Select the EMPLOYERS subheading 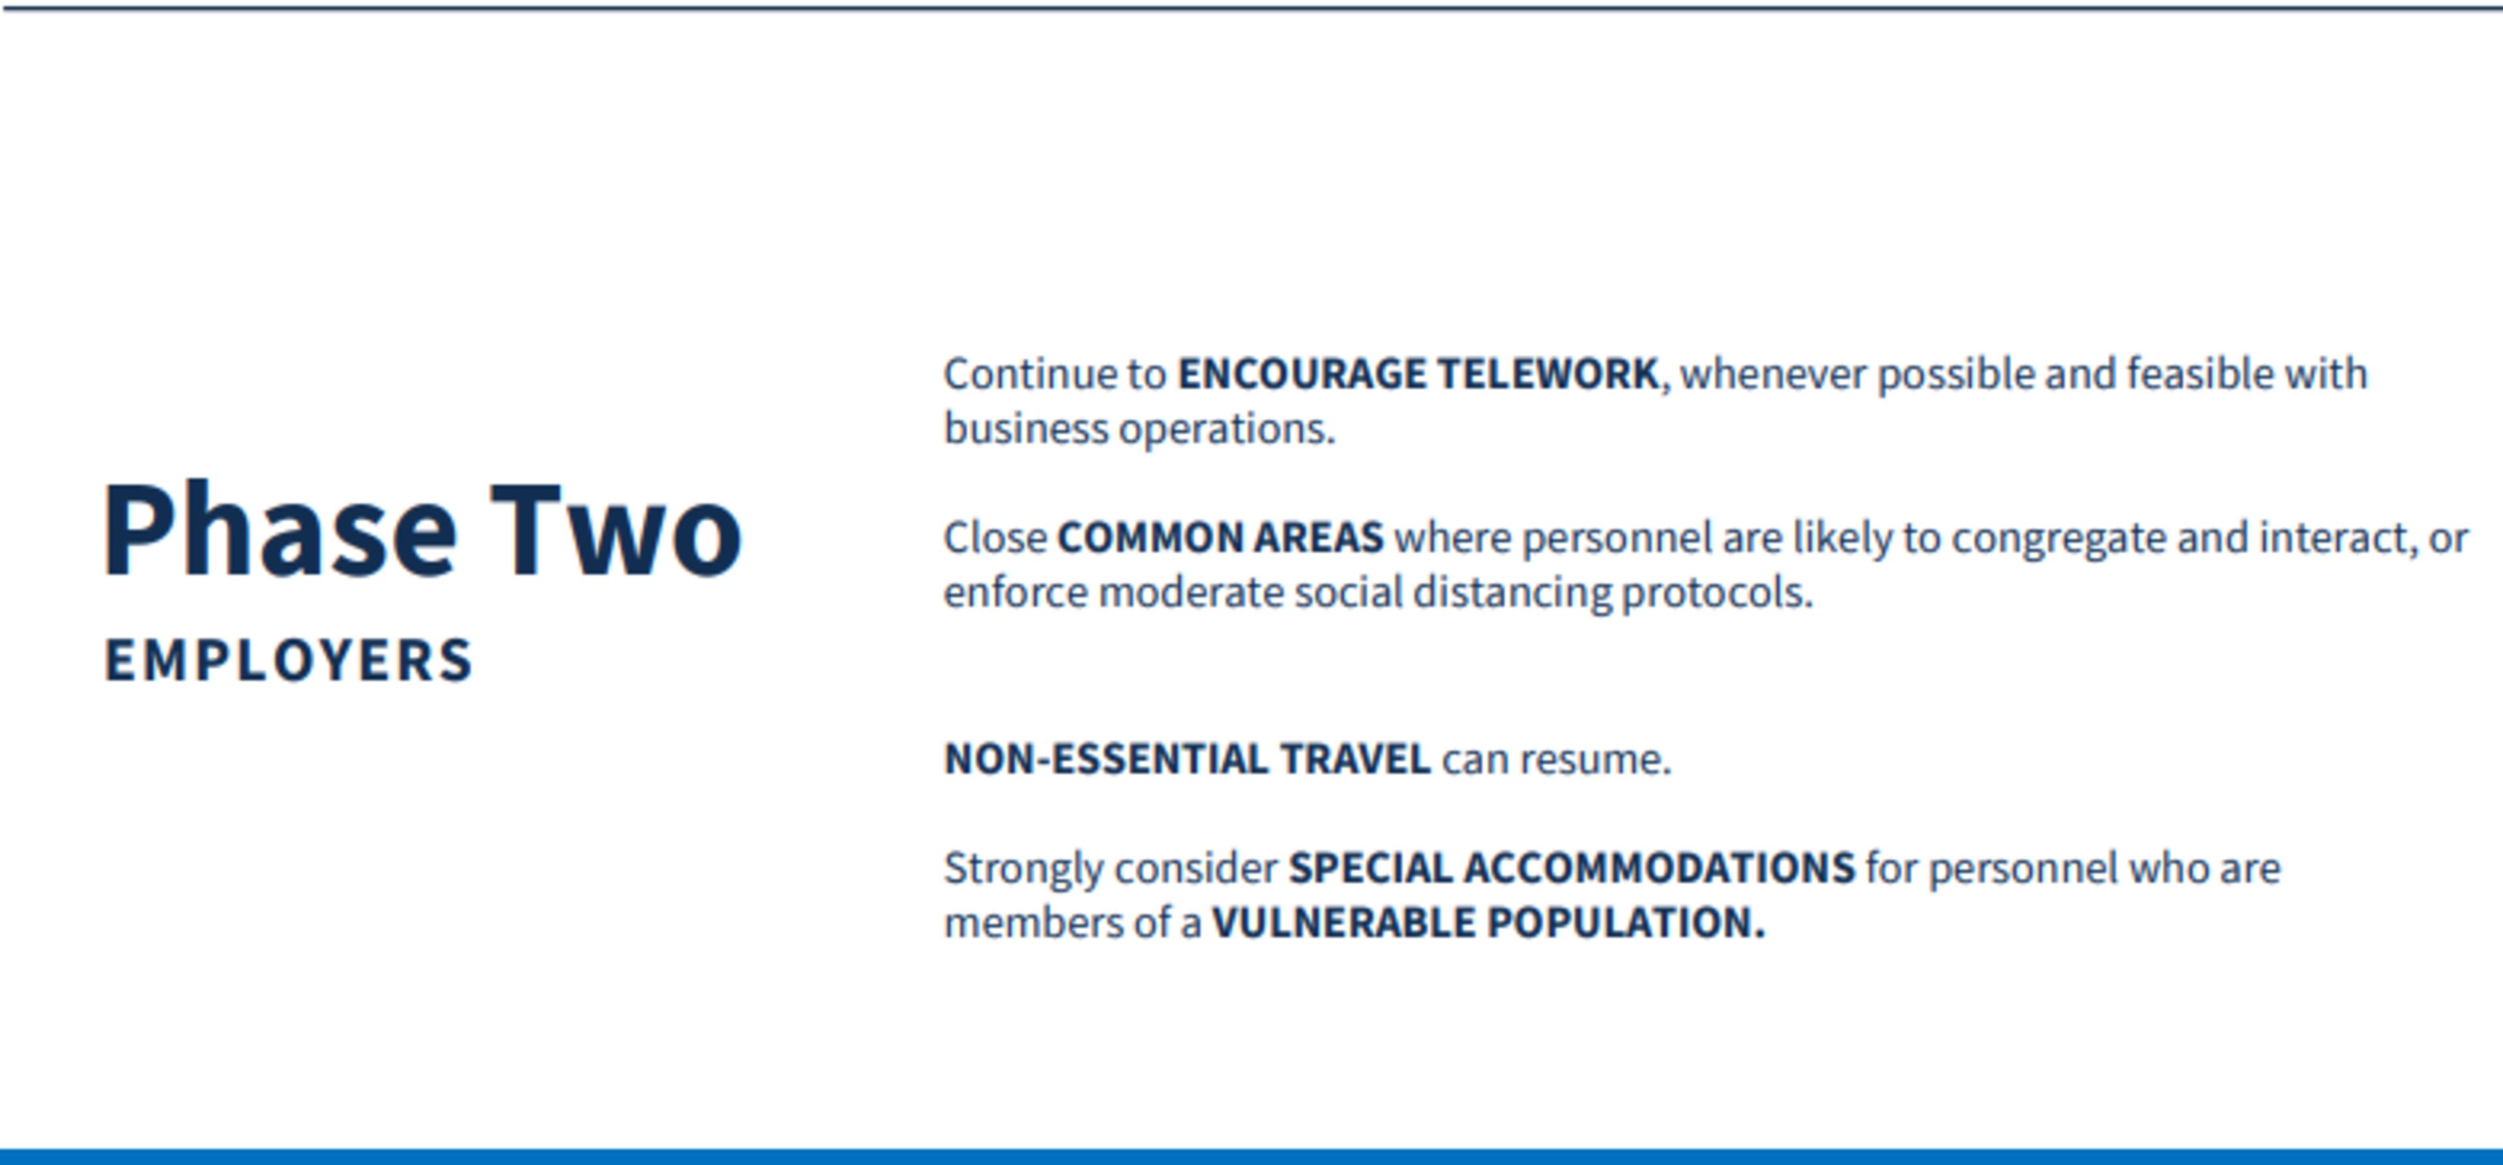[289, 660]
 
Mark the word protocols [1717, 593]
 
